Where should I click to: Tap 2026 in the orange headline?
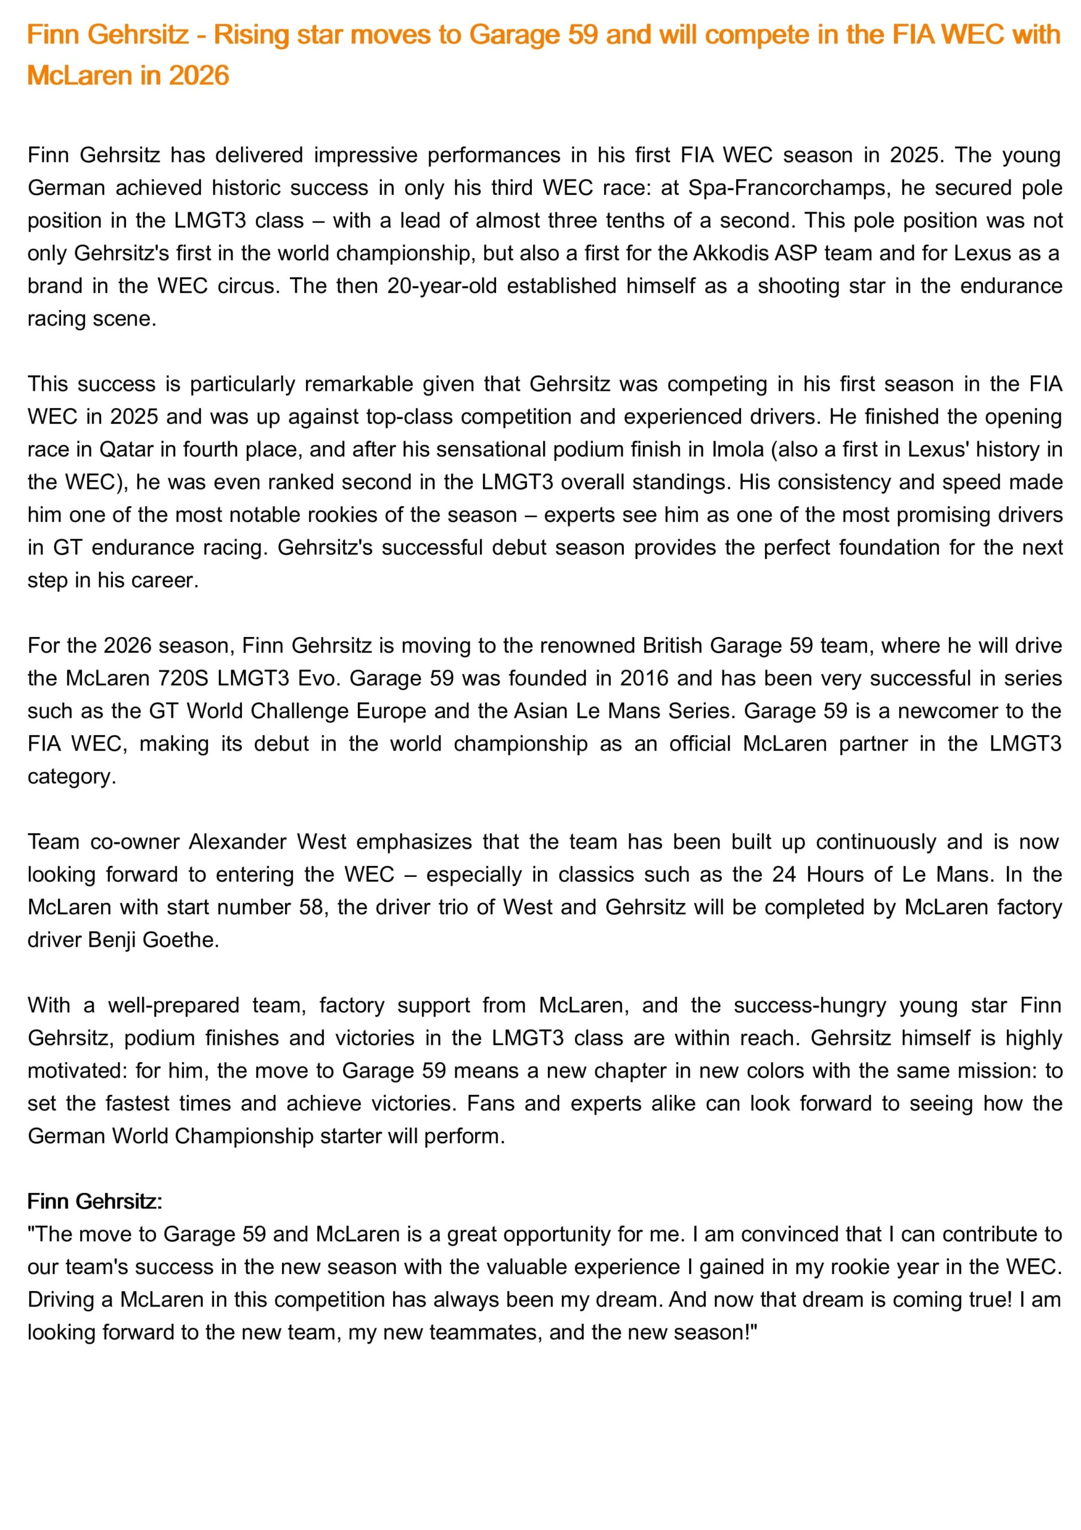198,75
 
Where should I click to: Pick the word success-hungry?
810,1005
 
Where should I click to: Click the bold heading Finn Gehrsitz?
94,1201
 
